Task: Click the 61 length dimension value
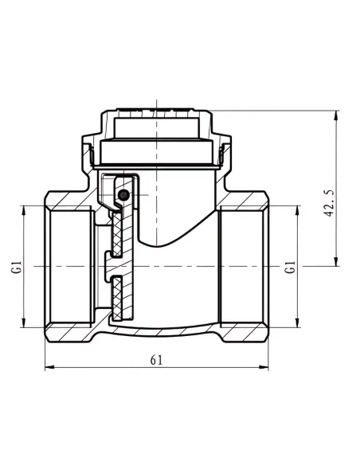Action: click(157, 360)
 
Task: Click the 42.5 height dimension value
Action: click(330, 204)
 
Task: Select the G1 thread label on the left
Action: click(18, 267)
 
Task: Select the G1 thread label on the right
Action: click(291, 267)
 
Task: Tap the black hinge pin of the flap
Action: click(123, 195)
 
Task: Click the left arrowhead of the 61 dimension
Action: click(49, 367)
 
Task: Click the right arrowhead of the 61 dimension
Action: click(264, 367)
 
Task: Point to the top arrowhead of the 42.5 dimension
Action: click(336, 115)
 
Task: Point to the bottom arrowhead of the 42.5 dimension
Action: click(336, 261)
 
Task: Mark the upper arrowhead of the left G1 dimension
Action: click(23, 210)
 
